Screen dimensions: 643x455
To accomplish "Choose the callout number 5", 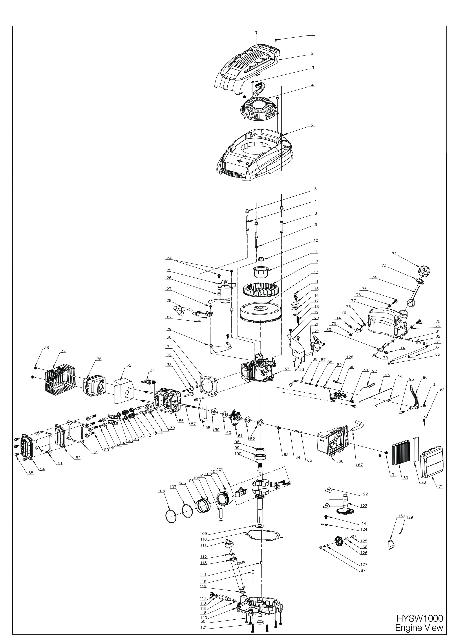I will pyautogui.click(x=312, y=125).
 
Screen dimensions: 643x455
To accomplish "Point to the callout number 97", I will pyautogui.click(x=442, y=390).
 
